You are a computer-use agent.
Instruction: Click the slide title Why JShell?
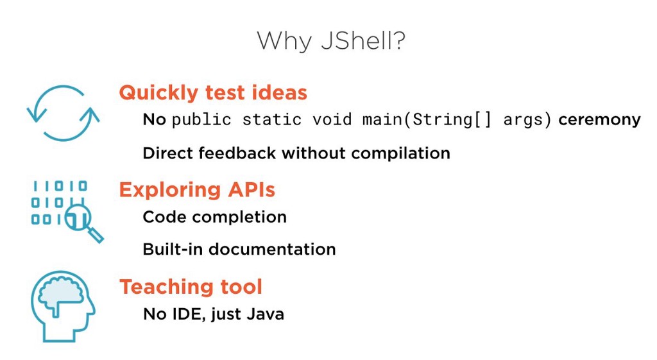pyautogui.click(x=331, y=42)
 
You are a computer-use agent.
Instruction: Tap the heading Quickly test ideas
pyautogui.click(x=213, y=93)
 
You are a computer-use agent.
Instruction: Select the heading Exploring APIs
pyautogui.click(x=197, y=191)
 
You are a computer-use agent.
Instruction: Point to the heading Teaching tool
pyautogui.click(x=191, y=287)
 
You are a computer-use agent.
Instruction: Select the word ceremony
pyautogui.click(x=599, y=120)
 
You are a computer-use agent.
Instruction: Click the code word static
pyautogui.click(x=272, y=120)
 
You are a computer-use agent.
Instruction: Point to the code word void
pyautogui.click(x=332, y=120)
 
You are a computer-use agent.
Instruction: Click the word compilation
pyautogui.click(x=400, y=154)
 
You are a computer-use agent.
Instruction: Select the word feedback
pyautogui.click(x=237, y=153)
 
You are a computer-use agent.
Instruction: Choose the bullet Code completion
pyautogui.click(x=214, y=218)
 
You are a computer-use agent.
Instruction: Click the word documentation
pyautogui.click(x=272, y=250)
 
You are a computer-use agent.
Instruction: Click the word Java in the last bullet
pyautogui.click(x=265, y=314)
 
